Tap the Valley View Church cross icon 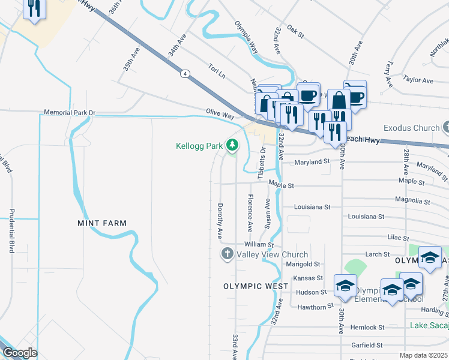click(x=227, y=254)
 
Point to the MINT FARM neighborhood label click(x=102, y=223)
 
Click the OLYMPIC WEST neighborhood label click(x=252, y=286)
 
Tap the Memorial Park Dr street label click(x=70, y=113)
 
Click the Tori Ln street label click(x=216, y=70)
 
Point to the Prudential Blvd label click(x=11, y=231)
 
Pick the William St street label click(x=259, y=245)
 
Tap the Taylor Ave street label click(x=418, y=80)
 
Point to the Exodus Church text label click(x=411, y=128)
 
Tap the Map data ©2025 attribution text click(x=423, y=355)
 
